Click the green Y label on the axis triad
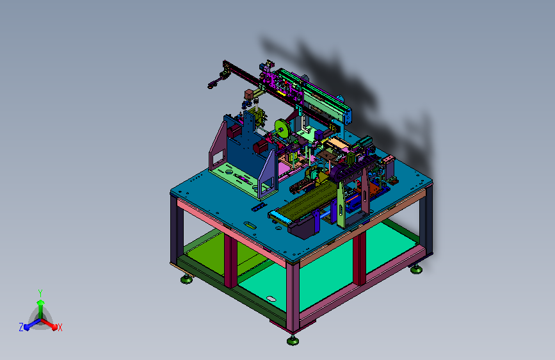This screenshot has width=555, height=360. [40, 293]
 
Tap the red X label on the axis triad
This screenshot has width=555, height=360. [60, 327]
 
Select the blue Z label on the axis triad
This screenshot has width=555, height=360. [21, 327]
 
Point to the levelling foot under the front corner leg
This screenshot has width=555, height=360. [293, 341]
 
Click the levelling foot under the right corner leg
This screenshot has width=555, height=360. [416, 270]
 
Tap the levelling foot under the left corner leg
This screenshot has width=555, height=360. [186, 279]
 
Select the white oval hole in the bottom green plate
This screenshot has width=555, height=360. [271, 299]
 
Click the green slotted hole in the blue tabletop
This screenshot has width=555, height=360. [249, 224]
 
